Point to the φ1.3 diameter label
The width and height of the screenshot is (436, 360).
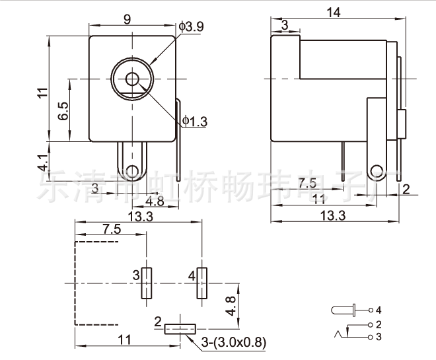click(x=195, y=121)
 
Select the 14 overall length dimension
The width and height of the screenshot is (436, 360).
click(x=333, y=11)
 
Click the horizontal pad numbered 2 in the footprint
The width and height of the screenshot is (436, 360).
click(x=180, y=328)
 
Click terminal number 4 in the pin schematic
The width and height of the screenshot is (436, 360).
click(x=379, y=309)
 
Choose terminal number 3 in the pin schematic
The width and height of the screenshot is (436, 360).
click(x=379, y=337)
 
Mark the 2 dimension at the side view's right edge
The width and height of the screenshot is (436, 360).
click(x=406, y=189)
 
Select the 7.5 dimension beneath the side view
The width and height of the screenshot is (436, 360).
click(x=306, y=183)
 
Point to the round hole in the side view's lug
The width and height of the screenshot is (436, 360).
click(x=377, y=171)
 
